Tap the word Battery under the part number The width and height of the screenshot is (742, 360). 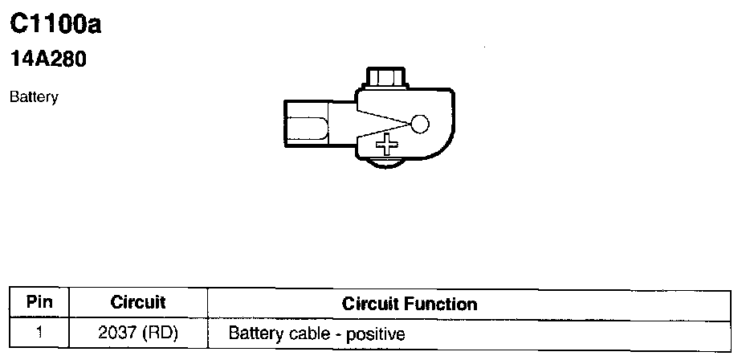(x=34, y=97)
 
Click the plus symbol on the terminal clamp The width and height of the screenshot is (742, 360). (x=388, y=145)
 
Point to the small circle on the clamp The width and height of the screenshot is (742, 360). (x=420, y=124)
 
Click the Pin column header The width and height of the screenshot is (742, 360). (x=39, y=303)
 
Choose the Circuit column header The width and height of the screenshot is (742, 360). (x=138, y=303)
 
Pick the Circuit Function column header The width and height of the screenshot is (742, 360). (x=410, y=304)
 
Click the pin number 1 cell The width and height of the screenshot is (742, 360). (x=39, y=332)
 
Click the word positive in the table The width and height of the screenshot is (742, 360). (x=376, y=333)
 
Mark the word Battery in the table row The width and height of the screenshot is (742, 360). (x=255, y=333)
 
